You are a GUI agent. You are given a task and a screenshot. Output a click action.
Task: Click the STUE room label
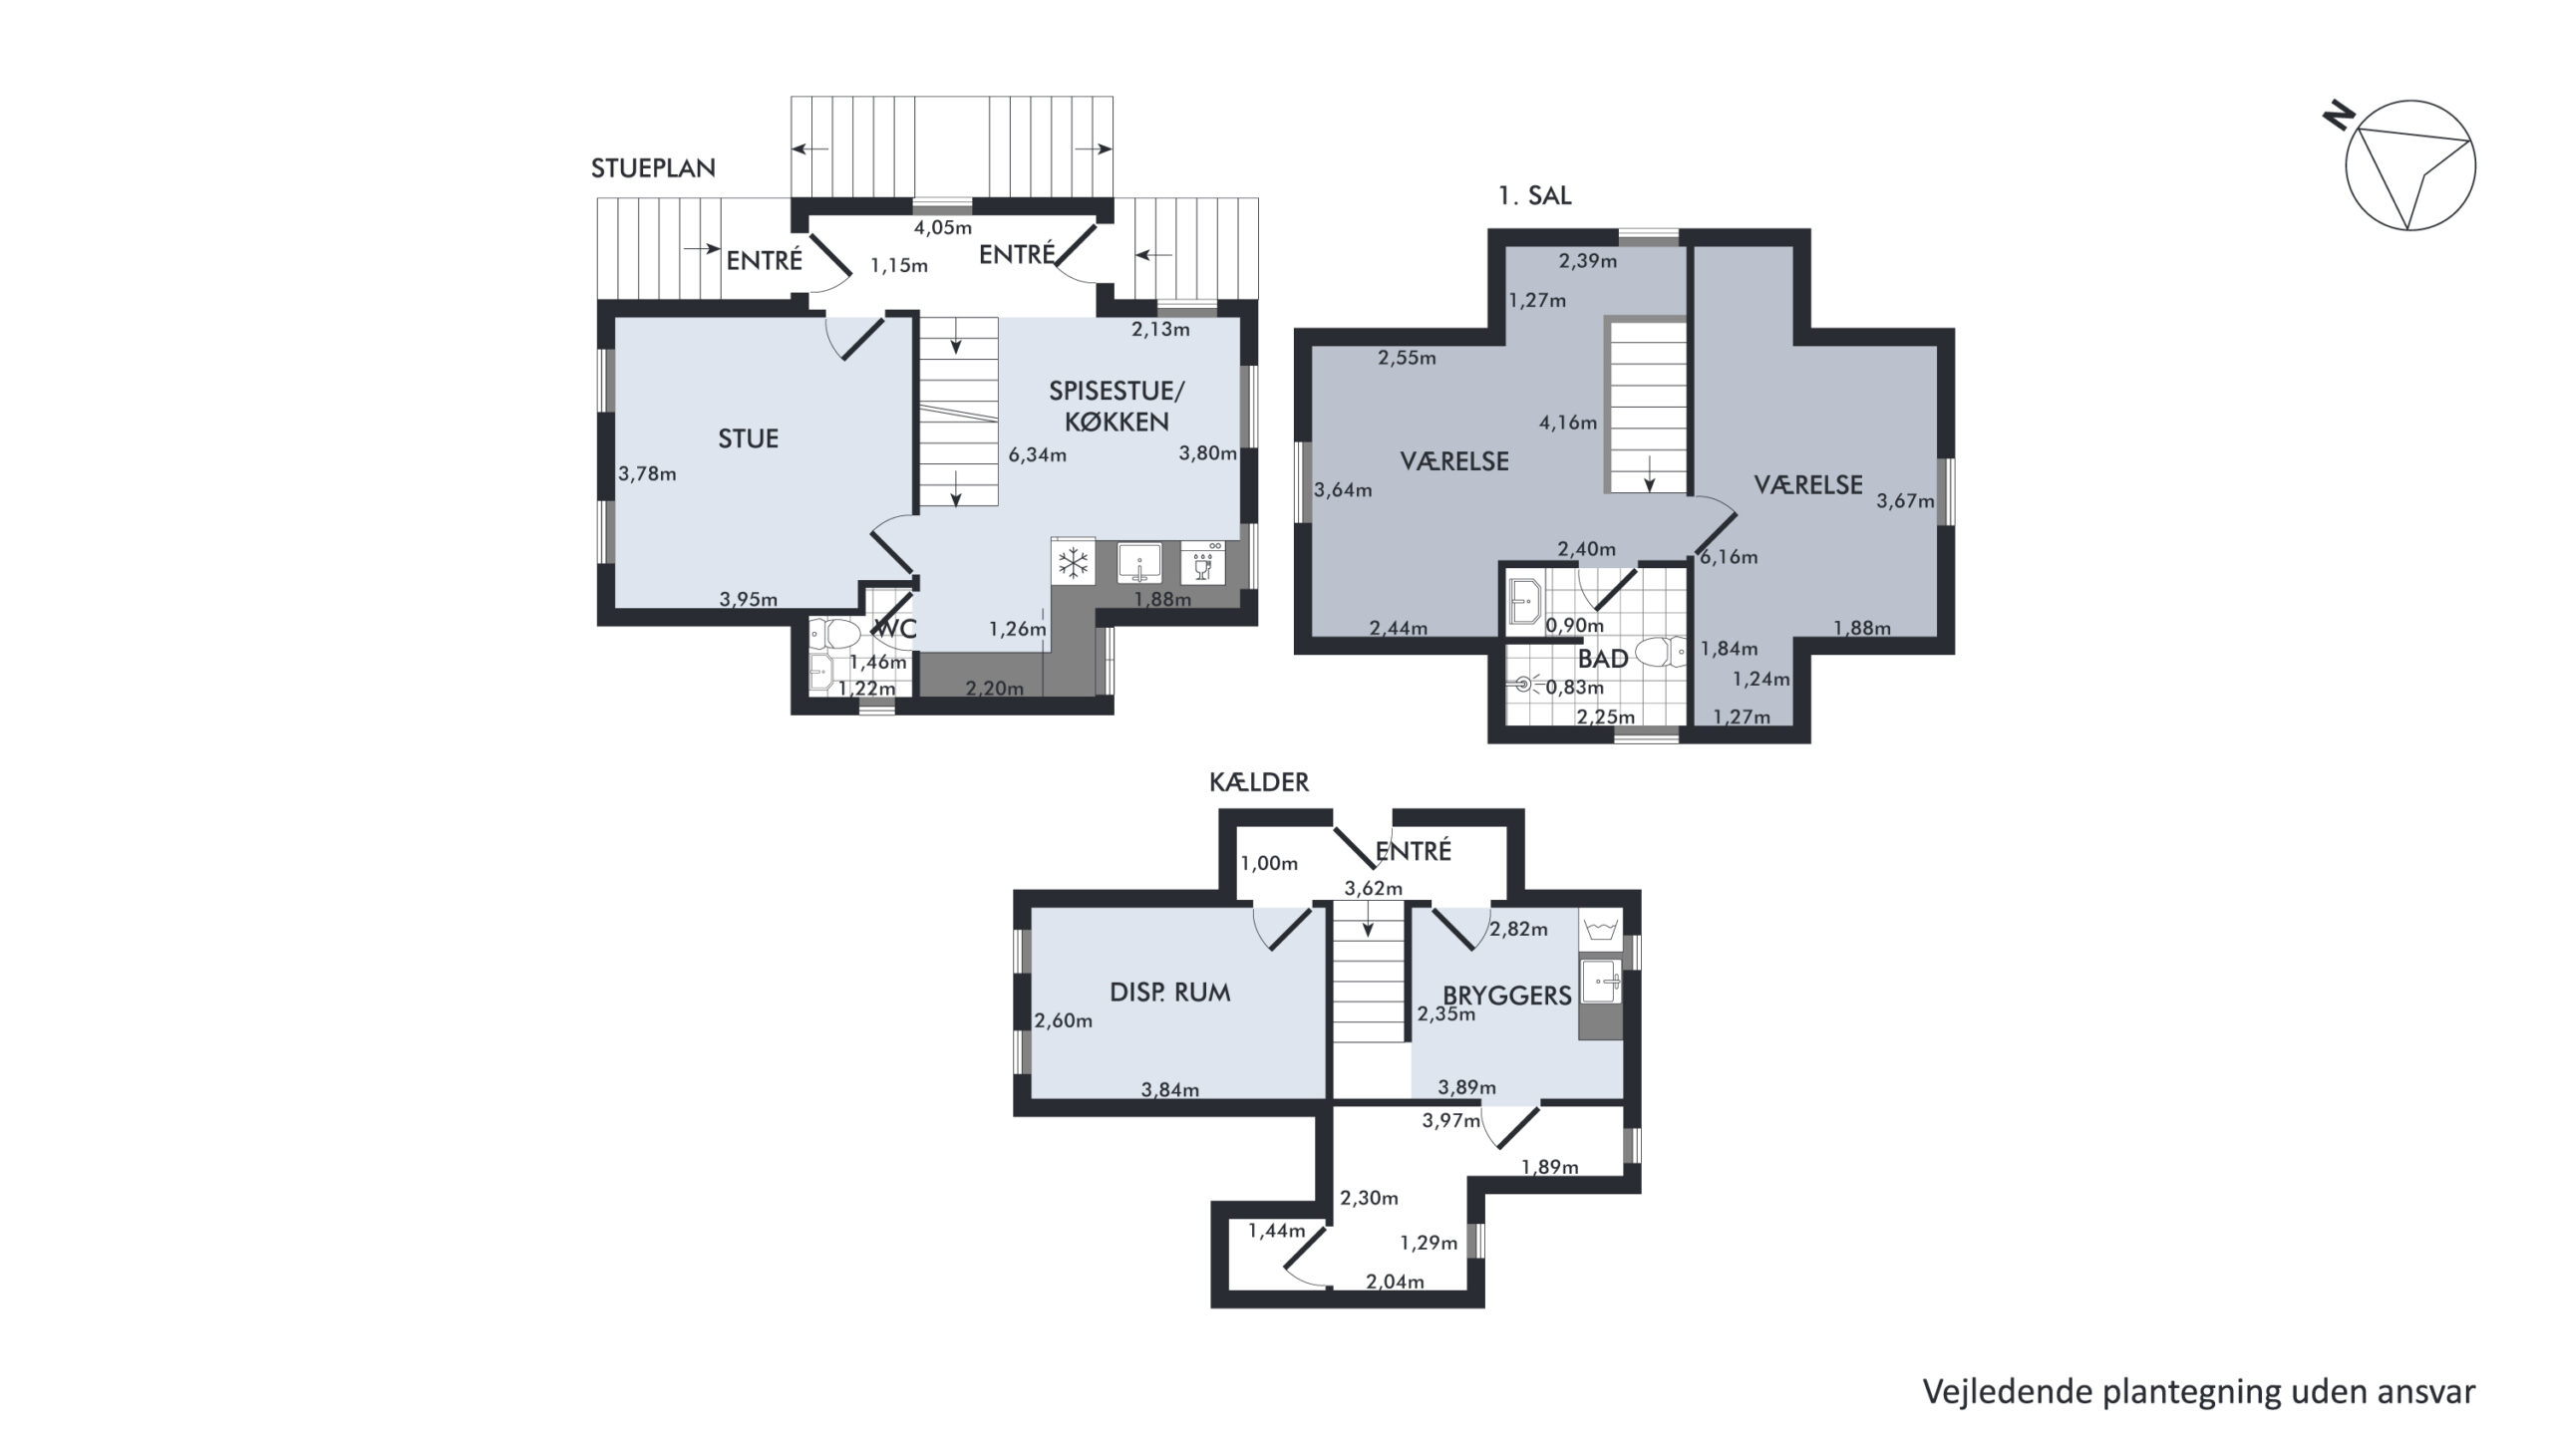748,438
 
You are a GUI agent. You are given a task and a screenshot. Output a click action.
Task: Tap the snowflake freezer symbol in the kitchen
1073,565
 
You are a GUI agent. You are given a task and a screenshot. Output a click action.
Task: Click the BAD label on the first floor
1603,658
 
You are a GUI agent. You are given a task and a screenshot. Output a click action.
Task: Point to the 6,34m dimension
1037,455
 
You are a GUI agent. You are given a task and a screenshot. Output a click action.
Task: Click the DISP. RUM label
1169,992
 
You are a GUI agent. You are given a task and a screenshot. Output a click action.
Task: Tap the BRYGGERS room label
1507,995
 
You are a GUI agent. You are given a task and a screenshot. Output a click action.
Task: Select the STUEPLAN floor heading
653,168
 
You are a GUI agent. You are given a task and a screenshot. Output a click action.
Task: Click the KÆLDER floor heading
1259,782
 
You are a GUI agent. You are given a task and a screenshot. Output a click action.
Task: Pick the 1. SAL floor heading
1535,196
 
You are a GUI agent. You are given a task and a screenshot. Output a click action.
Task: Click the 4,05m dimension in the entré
943,227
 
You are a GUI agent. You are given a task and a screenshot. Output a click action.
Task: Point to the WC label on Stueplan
894,629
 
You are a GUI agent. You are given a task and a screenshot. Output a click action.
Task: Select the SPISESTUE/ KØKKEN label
1116,406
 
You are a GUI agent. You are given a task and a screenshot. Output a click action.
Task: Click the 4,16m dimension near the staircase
1568,423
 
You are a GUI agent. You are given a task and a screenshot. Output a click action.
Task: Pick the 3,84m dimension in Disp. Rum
1170,1090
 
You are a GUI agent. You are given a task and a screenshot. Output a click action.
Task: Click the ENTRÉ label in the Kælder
1414,851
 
